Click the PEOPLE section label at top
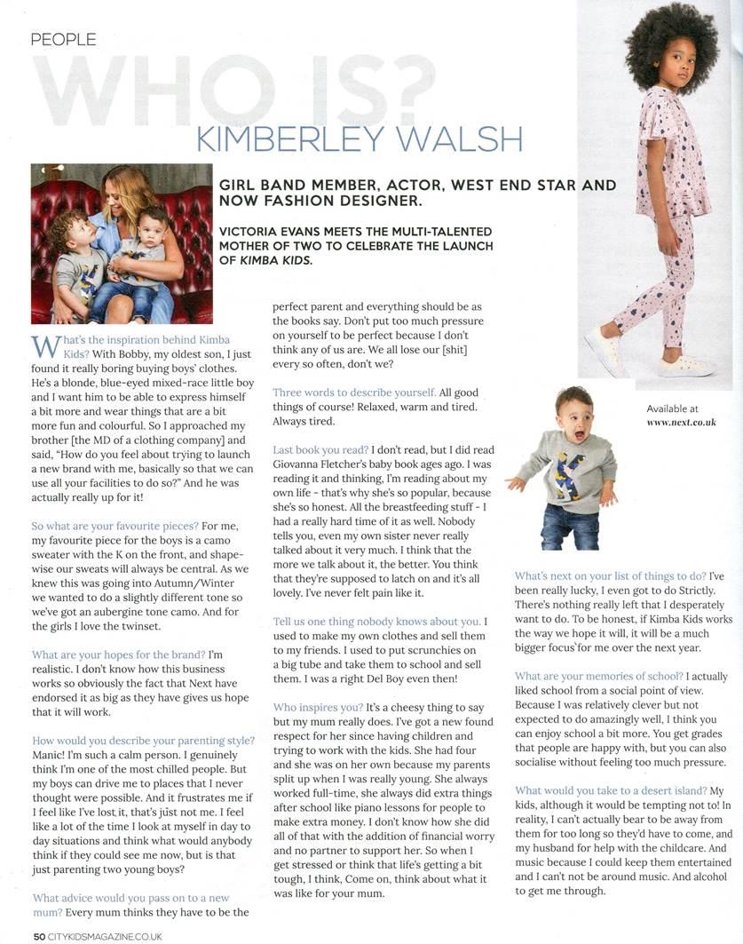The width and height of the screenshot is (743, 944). tap(63, 39)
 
